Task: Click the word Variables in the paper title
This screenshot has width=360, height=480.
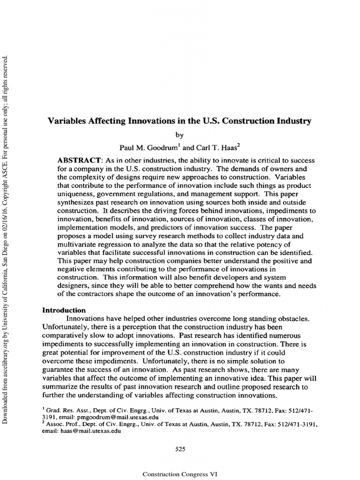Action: (x=66, y=121)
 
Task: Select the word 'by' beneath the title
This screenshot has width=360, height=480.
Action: (x=180, y=135)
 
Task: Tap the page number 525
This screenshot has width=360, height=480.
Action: (x=180, y=449)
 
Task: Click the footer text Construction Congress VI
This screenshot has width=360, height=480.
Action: (x=180, y=474)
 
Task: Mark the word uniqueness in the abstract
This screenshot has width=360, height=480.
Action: (x=76, y=195)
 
